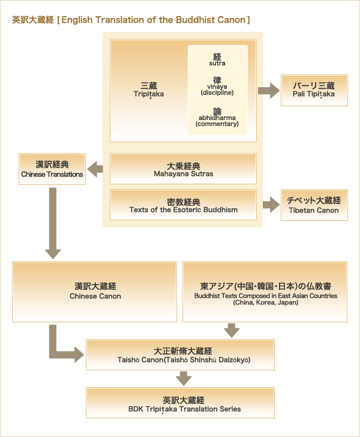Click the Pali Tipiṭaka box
pyautogui.click(x=314, y=90)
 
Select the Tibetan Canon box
pyautogui.click(x=314, y=205)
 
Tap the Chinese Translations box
pyautogui.click(x=52, y=169)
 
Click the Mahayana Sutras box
pyautogui.click(x=183, y=169)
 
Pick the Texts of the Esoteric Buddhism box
pyautogui.click(x=183, y=205)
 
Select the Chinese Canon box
pyautogui.click(x=95, y=291)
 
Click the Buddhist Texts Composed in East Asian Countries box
pyautogui.click(x=265, y=291)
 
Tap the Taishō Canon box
pyautogui.click(x=180, y=354)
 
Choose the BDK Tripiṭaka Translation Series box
pyautogui.click(x=180, y=403)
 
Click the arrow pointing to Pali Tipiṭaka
pyautogui.click(x=268, y=91)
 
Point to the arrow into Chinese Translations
pyautogui.click(x=95, y=170)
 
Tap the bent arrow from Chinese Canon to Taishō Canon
pyautogui.click(x=60, y=348)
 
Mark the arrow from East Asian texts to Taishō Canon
pyautogui.click(x=230, y=330)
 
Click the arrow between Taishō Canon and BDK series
pyautogui.click(x=184, y=378)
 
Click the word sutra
pyautogui.click(x=217, y=62)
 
